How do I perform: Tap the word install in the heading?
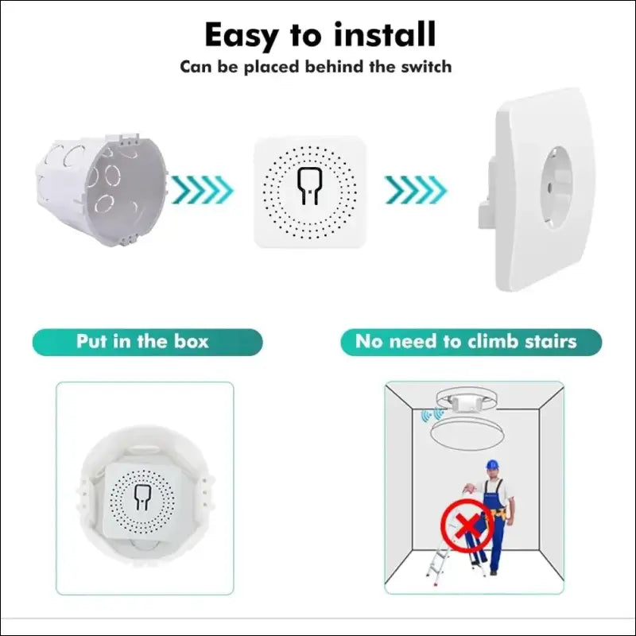coord(381,36)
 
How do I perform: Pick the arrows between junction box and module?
coord(203,189)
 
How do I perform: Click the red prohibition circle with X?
coord(463,524)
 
